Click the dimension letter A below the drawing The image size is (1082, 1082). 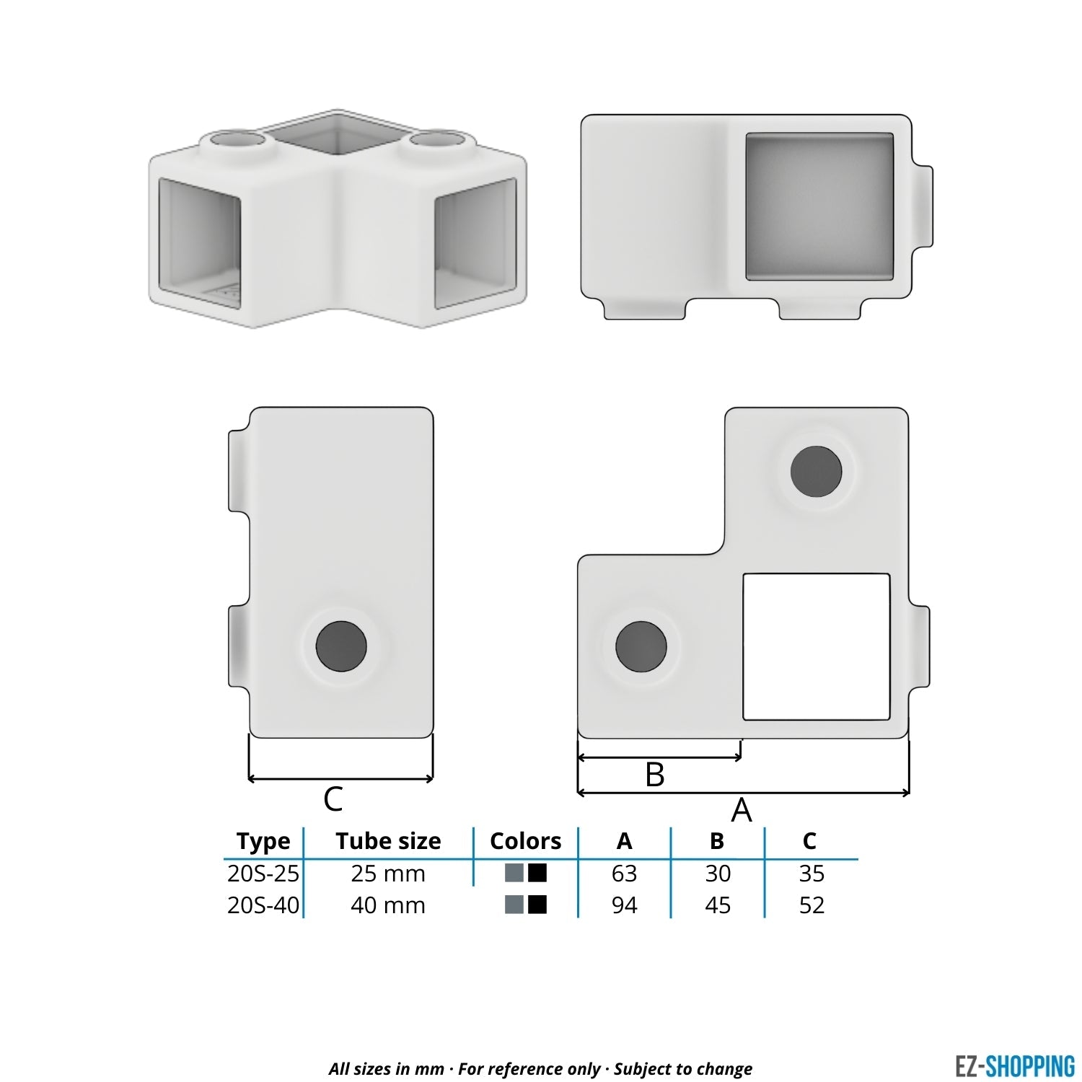coord(742,810)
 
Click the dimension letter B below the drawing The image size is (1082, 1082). coord(654,775)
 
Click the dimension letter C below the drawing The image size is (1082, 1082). coord(333,799)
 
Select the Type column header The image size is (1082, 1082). coord(263,841)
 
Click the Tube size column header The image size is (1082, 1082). coord(388,841)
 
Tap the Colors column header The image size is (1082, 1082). coord(525,841)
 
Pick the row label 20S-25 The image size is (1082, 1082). coord(263,874)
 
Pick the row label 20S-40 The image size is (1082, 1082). coord(263,905)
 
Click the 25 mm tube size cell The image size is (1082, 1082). coord(388,874)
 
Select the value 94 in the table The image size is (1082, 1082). coord(624,905)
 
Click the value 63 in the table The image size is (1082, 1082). coord(624,874)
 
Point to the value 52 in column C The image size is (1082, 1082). coord(811,905)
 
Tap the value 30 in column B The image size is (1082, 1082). coord(718,874)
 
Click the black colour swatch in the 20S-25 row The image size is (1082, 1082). coord(537,873)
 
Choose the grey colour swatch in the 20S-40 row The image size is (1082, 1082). coord(514,905)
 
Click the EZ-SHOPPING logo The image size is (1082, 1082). coord(1014,1066)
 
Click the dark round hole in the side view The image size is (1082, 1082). coord(341,646)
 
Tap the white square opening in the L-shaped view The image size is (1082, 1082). coord(816,646)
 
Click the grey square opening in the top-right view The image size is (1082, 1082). coord(819,207)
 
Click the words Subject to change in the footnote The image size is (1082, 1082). coord(683,1069)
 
